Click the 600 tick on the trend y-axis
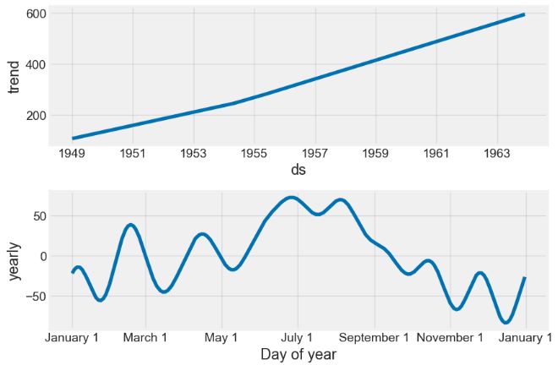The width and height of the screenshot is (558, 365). tap(36, 14)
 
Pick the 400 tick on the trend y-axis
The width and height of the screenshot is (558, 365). tap(36, 65)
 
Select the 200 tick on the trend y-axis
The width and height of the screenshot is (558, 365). tap(36, 116)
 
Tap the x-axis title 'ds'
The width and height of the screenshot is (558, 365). tap(298, 170)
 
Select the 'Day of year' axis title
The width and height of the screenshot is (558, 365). tap(298, 354)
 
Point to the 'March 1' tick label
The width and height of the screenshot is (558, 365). tap(145, 337)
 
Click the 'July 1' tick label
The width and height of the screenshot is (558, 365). tap(297, 337)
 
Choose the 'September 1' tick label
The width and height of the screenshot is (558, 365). tap(375, 337)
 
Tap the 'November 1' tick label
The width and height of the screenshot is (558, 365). tap(451, 337)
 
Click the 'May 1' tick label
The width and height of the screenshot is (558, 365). tap(222, 337)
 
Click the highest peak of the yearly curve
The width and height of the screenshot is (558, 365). tap(292, 198)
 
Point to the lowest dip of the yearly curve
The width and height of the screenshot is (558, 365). tap(506, 322)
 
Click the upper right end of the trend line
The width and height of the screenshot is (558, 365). tap(524, 14)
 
